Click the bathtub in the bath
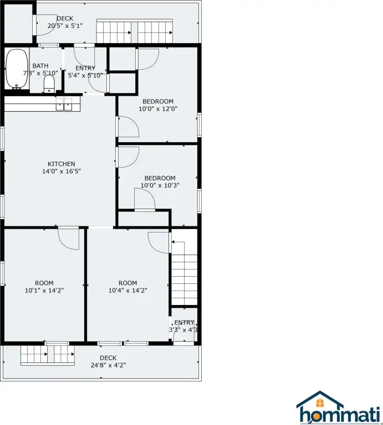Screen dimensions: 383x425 (17, 69)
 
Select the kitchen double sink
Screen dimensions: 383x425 (64, 105)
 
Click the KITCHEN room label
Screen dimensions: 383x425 (62, 164)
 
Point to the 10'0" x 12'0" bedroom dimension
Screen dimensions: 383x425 (158, 109)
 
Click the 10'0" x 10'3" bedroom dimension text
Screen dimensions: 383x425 (160, 186)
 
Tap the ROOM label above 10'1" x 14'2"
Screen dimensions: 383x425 (44, 283)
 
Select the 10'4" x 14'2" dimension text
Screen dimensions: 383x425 (128, 291)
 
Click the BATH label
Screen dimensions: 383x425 (40, 66)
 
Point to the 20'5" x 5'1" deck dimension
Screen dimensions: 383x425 (65, 26)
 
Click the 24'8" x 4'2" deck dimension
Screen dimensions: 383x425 (108, 365)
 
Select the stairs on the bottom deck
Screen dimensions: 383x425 (48, 355)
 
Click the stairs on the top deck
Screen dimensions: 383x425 (135, 31)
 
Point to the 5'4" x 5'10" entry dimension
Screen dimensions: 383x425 (85, 75)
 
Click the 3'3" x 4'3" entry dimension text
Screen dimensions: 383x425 (183, 330)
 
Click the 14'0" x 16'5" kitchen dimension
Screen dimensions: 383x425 (62, 172)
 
